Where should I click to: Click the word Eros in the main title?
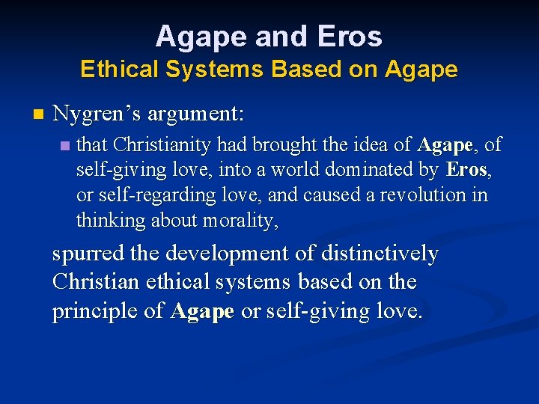pos(350,36)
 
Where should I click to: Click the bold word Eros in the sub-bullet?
pos(466,170)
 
